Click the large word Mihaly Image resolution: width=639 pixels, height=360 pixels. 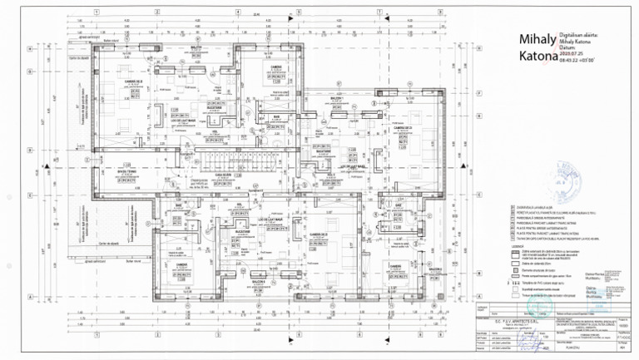point(537,40)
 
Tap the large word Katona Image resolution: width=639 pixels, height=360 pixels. point(537,57)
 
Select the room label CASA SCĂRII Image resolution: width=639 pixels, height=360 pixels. point(223,175)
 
